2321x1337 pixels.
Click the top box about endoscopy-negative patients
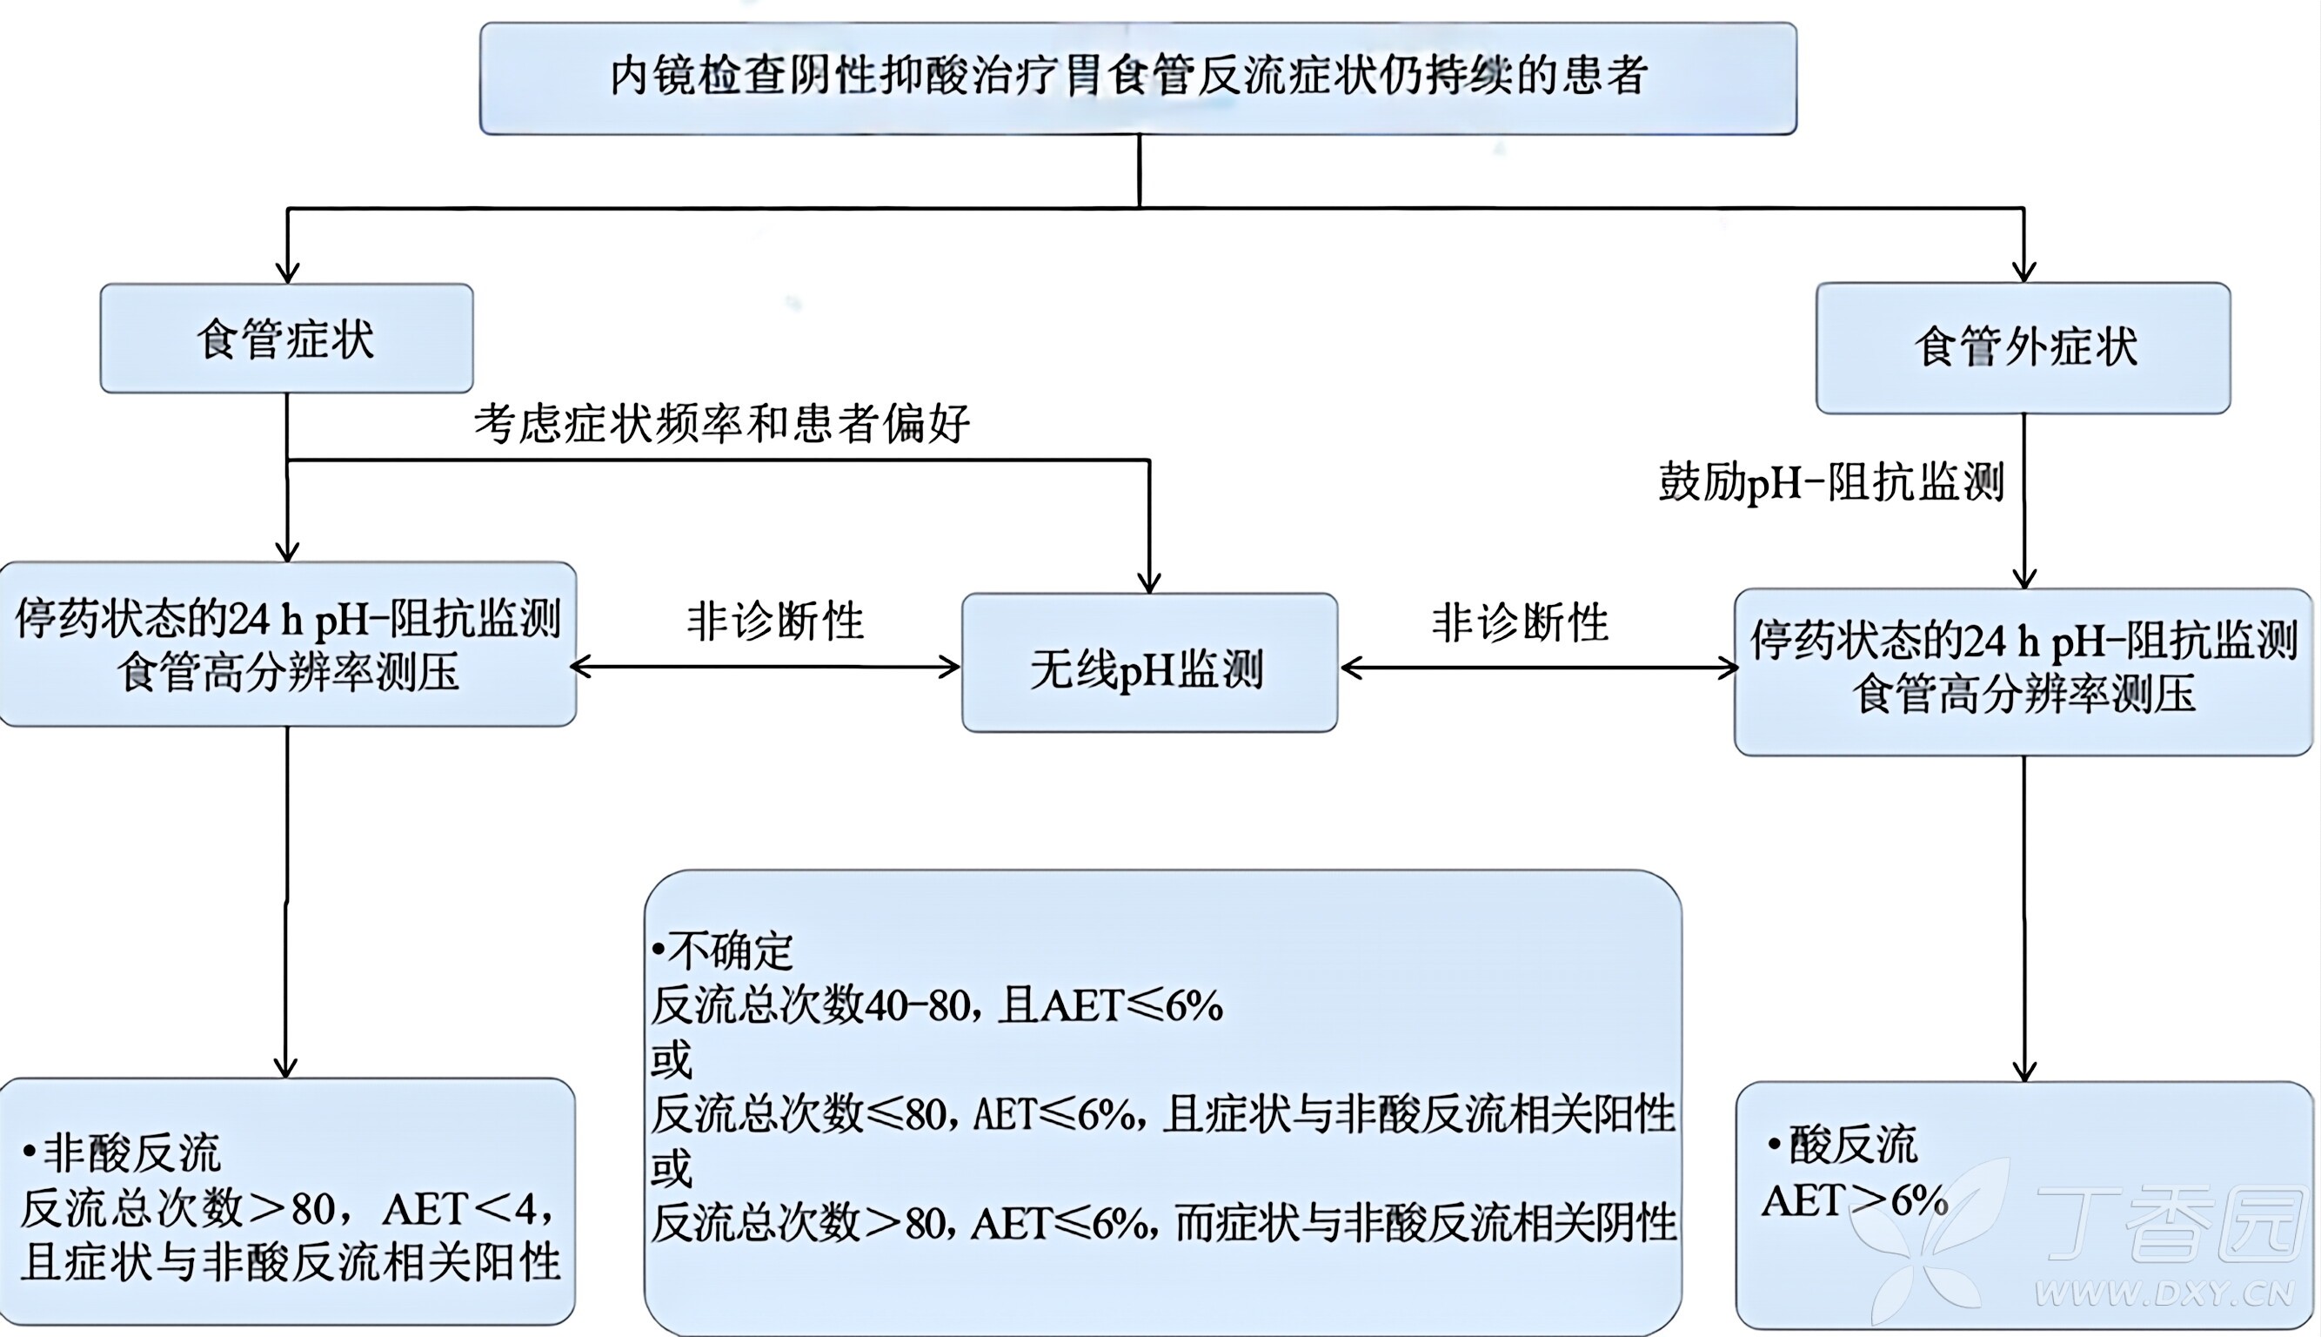pyautogui.click(x=1138, y=78)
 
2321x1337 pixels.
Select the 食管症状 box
pyautogui.click(x=286, y=339)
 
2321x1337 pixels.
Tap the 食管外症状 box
pyautogui.click(x=2023, y=347)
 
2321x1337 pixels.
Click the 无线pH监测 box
pyautogui.click(x=1148, y=663)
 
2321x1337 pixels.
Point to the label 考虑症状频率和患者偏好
pyautogui.click(x=722, y=424)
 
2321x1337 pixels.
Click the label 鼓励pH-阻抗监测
pyautogui.click(x=1830, y=482)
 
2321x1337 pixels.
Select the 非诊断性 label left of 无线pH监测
pyautogui.click(x=775, y=621)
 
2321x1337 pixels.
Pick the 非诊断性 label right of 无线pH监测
pyautogui.click(x=1520, y=622)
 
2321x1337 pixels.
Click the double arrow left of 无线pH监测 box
pyautogui.click(x=766, y=668)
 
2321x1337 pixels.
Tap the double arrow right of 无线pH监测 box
pyautogui.click(x=1539, y=668)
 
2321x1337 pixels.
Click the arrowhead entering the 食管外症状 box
pyautogui.click(x=2023, y=272)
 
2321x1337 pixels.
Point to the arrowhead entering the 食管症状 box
pyautogui.click(x=287, y=272)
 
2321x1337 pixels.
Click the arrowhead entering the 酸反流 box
pyautogui.click(x=2023, y=1072)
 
